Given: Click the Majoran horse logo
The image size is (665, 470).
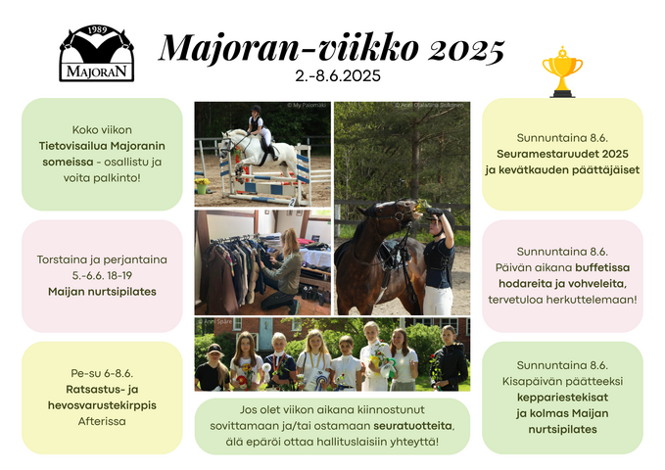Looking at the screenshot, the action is pyautogui.click(x=97, y=53).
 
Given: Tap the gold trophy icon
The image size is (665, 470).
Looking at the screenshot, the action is pyautogui.click(x=562, y=71).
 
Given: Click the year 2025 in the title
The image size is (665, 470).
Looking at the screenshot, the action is pyautogui.click(x=465, y=49).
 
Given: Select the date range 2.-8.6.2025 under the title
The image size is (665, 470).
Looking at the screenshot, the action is pyautogui.click(x=338, y=76).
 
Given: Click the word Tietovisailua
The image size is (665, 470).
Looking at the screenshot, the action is pyautogui.click(x=72, y=146).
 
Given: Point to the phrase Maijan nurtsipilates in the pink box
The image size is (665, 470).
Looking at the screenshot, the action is pyautogui.click(x=102, y=292).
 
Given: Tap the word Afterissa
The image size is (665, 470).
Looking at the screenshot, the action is pyautogui.click(x=102, y=421).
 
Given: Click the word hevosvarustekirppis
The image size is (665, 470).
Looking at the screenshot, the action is pyautogui.click(x=102, y=405).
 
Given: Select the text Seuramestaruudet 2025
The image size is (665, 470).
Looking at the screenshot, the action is pyautogui.click(x=562, y=154).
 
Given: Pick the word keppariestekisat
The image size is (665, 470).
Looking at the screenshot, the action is pyautogui.click(x=562, y=398).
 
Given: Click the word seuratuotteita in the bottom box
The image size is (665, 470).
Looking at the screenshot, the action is pyautogui.click(x=412, y=426).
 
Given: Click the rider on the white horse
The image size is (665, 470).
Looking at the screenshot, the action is pyautogui.click(x=260, y=128).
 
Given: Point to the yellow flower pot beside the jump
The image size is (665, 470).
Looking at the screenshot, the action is pyautogui.click(x=202, y=185).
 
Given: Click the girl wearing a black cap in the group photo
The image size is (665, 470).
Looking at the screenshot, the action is pyautogui.click(x=213, y=367).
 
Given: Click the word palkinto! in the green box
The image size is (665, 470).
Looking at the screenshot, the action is pyautogui.click(x=120, y=178).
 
